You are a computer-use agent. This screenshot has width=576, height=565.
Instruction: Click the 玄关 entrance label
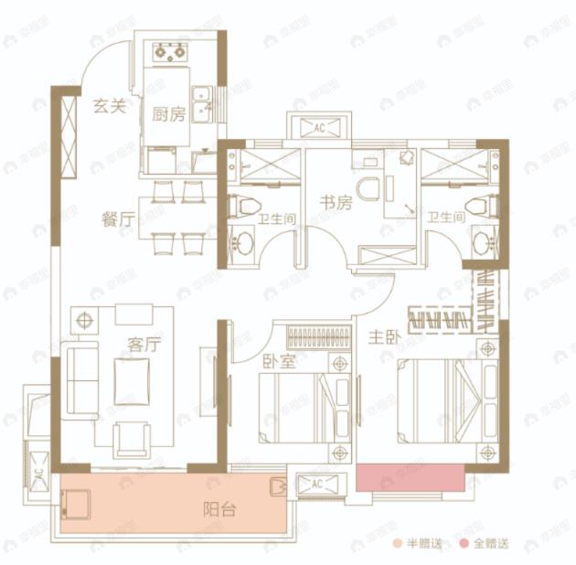click(109, 106)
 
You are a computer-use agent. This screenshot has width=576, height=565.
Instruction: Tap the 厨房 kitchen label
click(168, 114)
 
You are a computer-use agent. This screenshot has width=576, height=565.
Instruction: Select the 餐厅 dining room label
click(119, 219)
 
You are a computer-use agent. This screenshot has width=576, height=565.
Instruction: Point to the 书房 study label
click(335, 203)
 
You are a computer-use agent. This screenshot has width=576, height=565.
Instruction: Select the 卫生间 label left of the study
click(273, 218)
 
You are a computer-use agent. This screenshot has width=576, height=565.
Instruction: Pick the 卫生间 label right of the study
click(447, 218)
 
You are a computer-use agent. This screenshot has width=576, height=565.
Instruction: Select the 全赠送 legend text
click(491, 544)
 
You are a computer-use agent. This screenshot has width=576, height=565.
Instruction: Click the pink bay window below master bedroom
click(409, 477)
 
